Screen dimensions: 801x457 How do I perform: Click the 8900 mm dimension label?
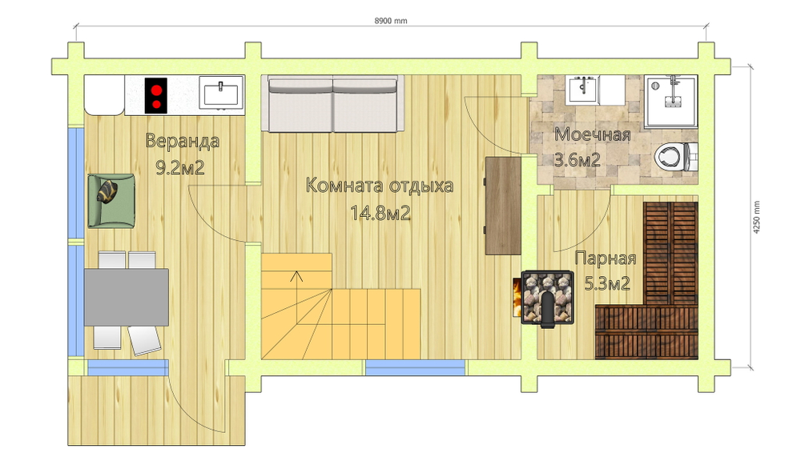(391, 21)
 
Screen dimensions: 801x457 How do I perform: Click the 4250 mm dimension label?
(757, 218)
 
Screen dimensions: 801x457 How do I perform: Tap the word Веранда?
(183, 141)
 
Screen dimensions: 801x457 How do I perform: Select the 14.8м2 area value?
(380, 212)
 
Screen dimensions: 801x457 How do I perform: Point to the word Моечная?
(593, 134)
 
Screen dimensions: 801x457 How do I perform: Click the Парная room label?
(606, 258)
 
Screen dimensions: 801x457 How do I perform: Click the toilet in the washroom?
(675, 156)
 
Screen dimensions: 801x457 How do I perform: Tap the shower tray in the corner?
(670, 102)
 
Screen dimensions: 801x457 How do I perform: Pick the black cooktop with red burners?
(156, 95)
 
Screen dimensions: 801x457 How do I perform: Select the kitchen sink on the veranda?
(221, 94)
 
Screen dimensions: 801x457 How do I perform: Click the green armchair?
(111, 201)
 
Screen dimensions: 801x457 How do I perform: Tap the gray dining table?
(127, 297)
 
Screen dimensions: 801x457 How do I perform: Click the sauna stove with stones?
(546, 298)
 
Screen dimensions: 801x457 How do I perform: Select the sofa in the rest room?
(332, 104)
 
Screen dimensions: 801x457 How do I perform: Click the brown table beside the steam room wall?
(503, 205)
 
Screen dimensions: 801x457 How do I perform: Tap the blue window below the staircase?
(415, 367)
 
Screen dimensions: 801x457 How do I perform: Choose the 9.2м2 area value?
(179, 167)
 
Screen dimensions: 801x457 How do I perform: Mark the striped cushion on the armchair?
(108, 190)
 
